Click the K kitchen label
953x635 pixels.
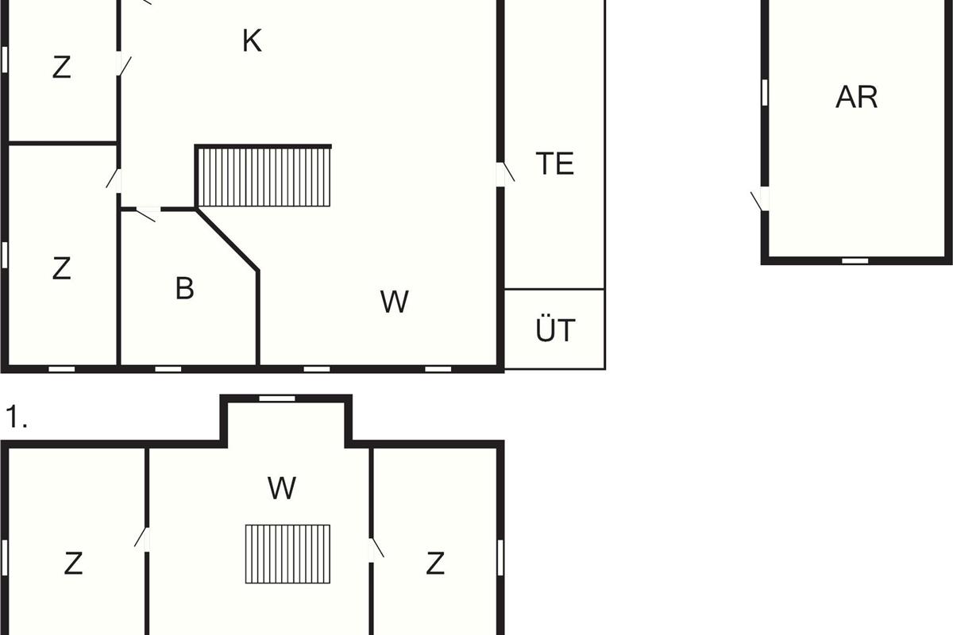click(x=252, y=41)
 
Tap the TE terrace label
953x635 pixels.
click(x=554, y=164)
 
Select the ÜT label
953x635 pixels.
click(x=554, y=330)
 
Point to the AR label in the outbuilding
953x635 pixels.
click(x=857, y=97)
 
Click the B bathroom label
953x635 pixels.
click(x=184, y=289)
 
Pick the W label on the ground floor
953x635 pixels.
click(x=394, y=302)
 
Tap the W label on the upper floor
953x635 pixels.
click(x=282, y=488)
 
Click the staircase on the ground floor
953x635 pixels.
click(x=264, y=177)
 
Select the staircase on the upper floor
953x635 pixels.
click(x=287, y=553)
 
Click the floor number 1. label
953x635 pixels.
click(x=17, y=418)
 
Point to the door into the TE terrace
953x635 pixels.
click(x=503, y=174)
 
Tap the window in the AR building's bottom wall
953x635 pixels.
click(x=855, y=260)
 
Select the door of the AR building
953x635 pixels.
click(x=762, y=199)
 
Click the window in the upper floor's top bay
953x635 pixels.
click(x=277, y=398)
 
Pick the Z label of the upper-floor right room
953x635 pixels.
click(x=434, y=564)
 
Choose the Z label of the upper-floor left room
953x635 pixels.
click(x=73, y=564)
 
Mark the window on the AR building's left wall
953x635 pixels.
click(x=765, y=92)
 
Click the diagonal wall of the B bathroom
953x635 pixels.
click(x=228, y=240)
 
